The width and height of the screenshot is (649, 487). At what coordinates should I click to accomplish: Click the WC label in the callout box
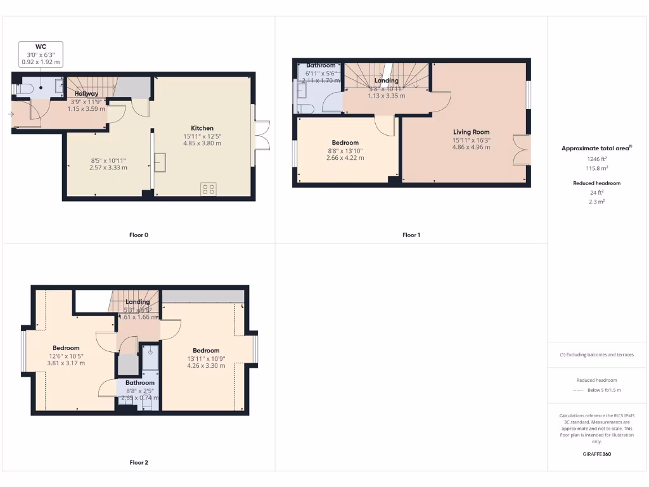pos(41,47)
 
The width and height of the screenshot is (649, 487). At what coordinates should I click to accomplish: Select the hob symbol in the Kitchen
pos(209,188)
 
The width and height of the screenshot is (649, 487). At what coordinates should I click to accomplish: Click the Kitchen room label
pos(203,128)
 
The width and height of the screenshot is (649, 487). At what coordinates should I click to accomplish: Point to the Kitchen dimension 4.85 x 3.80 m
pos(203,143)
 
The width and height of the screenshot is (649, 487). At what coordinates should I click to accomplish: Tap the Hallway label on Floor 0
pos(86,94)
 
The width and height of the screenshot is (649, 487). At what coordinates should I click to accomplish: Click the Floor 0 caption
pos(139,235)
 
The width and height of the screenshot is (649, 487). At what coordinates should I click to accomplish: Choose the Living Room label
pos(471,132)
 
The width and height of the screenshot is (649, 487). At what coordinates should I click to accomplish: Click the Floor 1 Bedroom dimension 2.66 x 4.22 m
pos(345,158)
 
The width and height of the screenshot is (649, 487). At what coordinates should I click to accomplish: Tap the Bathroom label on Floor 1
pos(321,65)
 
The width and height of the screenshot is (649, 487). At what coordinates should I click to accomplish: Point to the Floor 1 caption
pos(411,235)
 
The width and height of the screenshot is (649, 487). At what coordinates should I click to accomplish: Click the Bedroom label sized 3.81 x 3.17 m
pos(66,348)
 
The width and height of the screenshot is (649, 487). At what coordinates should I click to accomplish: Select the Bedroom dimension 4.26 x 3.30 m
pos(206,366)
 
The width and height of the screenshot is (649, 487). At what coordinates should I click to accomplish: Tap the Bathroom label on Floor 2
pos(139,383)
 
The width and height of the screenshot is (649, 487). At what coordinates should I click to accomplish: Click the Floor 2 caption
pos(139,463)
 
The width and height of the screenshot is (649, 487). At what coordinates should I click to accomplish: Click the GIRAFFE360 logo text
pos(597,454)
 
